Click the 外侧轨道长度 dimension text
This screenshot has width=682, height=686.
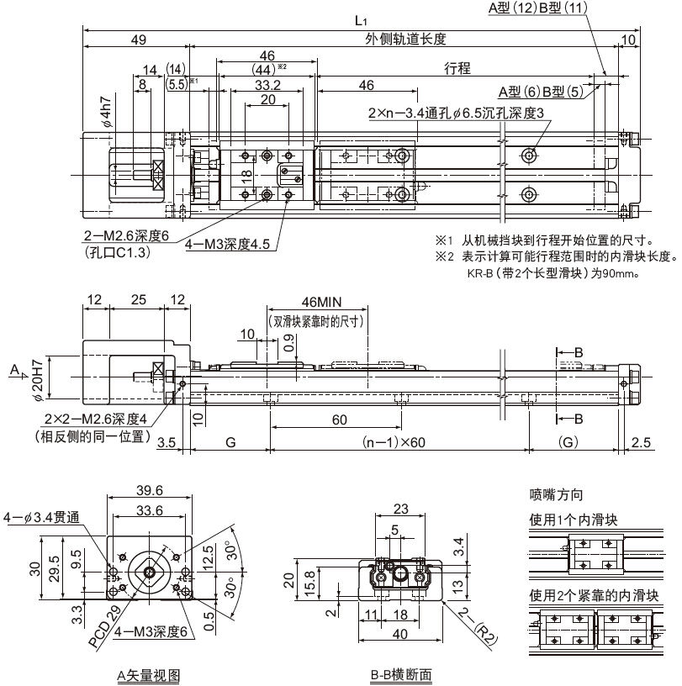point(404,39)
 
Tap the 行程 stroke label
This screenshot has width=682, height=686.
point(457,68)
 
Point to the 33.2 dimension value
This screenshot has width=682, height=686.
point(267,84)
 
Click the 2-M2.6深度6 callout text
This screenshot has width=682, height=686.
point(126,237)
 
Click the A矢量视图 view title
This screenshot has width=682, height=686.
point(148,674)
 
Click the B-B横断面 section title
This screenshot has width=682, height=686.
point(400,674)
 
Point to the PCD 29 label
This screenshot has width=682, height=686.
point(103,625)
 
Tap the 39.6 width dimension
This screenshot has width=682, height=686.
point(150,490)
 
